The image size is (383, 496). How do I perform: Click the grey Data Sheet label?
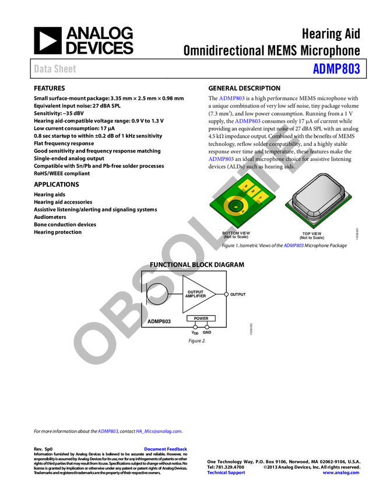[x=55, y=69]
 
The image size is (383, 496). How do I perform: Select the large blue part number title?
[x=336, y=69]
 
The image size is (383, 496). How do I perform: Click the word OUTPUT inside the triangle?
[x=195, y=292]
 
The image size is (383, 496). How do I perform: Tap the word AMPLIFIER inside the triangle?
[x=195, y=296]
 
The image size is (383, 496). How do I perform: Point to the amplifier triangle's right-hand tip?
[x=215, y=294]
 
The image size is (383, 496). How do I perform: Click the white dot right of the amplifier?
[x=226, y=294]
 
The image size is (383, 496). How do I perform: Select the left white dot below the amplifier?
[x=195, y=327]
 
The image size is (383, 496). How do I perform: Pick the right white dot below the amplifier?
[x=207, y=327]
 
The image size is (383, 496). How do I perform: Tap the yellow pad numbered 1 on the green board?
[x=246, y=186]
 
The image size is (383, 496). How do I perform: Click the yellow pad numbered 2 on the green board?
[x=253, y=191]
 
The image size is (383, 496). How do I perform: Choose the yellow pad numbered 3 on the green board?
[x=261, y=198]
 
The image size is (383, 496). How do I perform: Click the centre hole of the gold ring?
[x=236, y=205]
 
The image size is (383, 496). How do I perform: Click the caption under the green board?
[x=236, y=235]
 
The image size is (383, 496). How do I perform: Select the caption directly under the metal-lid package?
[x=312, y=235]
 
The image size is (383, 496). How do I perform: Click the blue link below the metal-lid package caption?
[x=293, y=246]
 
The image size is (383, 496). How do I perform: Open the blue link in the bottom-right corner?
[x=341, y=473]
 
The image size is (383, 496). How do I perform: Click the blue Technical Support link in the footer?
[x=226, y=473]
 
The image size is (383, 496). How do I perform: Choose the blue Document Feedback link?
[x=166, y=449]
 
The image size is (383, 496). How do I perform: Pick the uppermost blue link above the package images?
[x=231, y=98]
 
